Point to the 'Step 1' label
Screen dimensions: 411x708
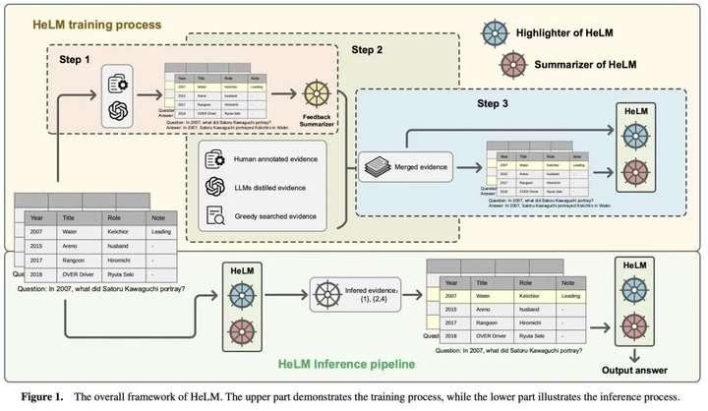(x=76, y=61)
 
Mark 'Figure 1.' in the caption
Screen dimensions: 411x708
(x=38, y=395)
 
